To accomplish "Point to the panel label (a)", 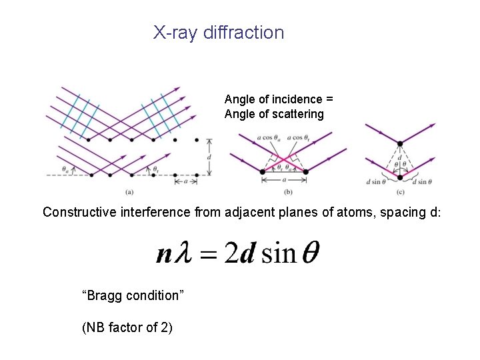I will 129,192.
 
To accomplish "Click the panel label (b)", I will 287,192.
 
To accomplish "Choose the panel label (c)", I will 400,192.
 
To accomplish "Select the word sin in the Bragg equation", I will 279,254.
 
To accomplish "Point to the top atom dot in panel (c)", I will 400,143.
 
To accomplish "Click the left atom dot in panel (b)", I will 263,171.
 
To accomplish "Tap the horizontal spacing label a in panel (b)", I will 284,179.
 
